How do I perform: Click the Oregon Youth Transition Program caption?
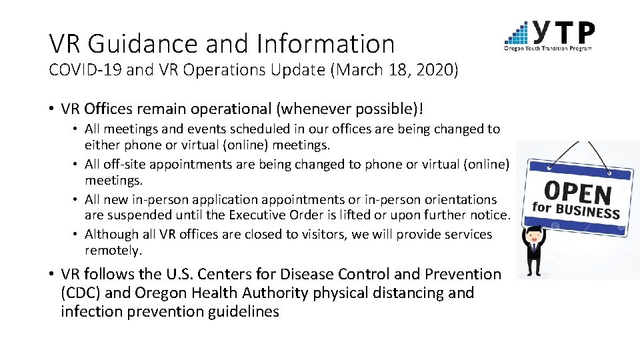click(548, 48)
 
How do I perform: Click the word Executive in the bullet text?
click(256, 215)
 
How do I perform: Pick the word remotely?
click(113, 251)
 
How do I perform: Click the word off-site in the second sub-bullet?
click(125, 164)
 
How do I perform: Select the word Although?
click(111, 234)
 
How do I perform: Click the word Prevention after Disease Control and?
click(463, 274)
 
